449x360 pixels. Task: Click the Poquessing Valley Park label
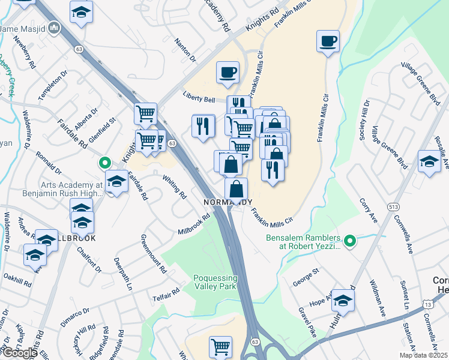coord(215,282)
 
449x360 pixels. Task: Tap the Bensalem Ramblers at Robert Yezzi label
coord(303,242)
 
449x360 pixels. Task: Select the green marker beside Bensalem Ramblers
coord(352,241)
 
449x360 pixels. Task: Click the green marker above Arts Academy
coord(104,162)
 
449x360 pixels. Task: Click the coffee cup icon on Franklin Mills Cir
coord(328,41)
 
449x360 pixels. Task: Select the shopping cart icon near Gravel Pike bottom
coord(220,346)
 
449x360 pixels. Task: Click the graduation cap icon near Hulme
coord(343,300)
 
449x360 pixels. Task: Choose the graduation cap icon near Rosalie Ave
coord(429,162)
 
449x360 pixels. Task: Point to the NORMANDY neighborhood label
coord(228,202)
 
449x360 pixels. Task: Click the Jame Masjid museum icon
coord(55,28)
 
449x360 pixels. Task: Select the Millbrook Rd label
coord(193,224)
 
